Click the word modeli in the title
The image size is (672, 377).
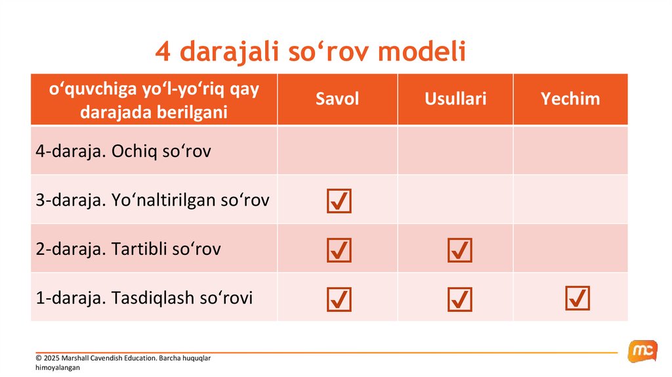coord(421,51)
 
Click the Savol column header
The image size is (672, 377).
coord(337,99)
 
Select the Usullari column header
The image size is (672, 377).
coord(455,99)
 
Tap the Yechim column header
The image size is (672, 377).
coord(570,99)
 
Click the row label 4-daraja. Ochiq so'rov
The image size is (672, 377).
coord(123,151)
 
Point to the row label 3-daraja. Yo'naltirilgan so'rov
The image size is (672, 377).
coord(152,200)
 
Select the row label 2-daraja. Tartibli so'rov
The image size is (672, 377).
coord(128,249)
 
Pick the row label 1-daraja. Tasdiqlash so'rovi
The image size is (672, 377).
coord(144,298)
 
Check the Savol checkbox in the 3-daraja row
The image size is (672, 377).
coord(339,201)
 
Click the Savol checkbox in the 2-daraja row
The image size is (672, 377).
coord(339,250)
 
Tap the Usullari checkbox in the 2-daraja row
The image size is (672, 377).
coord(460,250)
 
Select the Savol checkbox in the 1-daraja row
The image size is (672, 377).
coord(339,299)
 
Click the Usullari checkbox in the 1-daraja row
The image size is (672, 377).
coord(460,299)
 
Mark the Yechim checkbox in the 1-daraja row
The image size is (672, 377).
coord(577,298)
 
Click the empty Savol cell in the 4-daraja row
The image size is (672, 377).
coord(338,150)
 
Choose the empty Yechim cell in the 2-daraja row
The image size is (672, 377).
coord(570,248)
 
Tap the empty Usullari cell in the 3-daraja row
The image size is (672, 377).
coord(455,200)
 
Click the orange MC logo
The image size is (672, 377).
coord(642,351)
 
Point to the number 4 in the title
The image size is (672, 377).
coord(163,52)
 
